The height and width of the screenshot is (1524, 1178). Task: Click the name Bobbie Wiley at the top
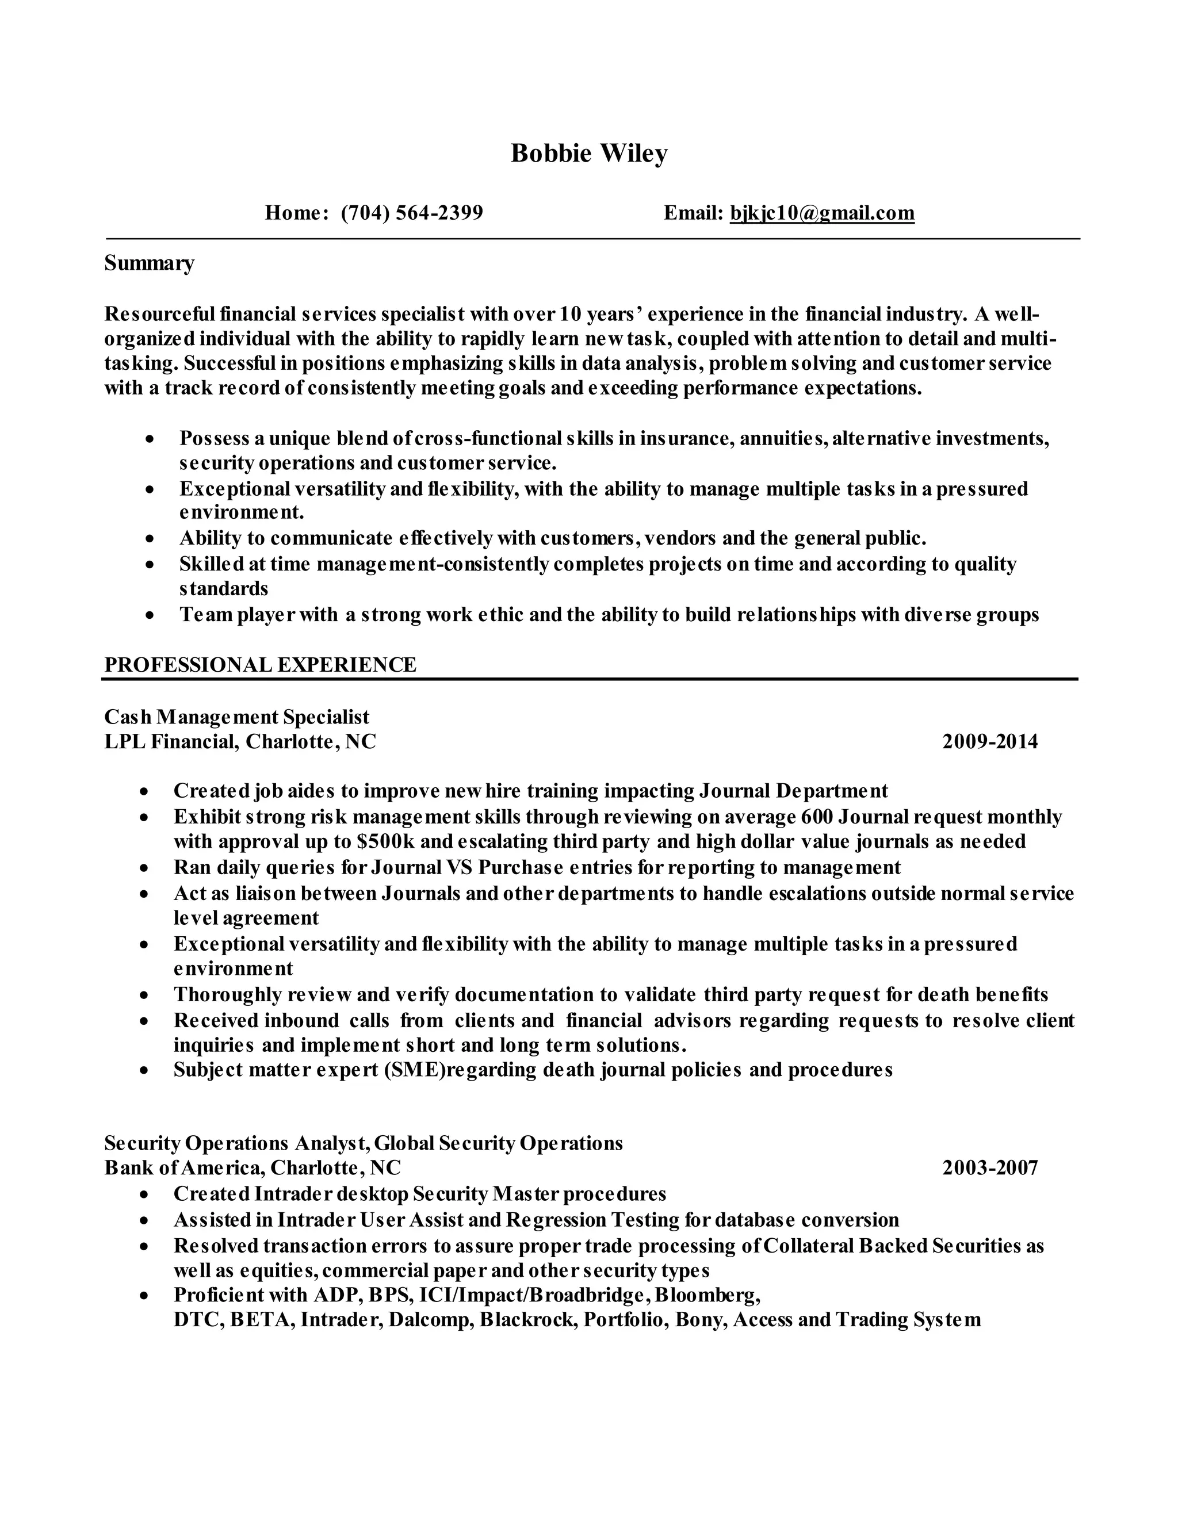[x=589, y=154]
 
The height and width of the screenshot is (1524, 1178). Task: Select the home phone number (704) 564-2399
[x=412, y=213]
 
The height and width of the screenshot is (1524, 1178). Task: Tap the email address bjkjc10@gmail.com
[x=821, y=213]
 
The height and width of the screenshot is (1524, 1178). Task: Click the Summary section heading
[x=150, y=264]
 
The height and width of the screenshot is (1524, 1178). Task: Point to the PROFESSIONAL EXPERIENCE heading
[x=261, y=664]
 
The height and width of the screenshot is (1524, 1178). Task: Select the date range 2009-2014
[x=989, y=741]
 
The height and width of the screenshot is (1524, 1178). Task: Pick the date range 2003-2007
[x=989, y=1167]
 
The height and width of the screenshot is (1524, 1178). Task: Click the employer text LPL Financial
[x=170, y=741]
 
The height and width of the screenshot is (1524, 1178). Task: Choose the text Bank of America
[x=183, y=1167]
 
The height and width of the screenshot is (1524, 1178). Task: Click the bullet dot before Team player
[x=150, y=616]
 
